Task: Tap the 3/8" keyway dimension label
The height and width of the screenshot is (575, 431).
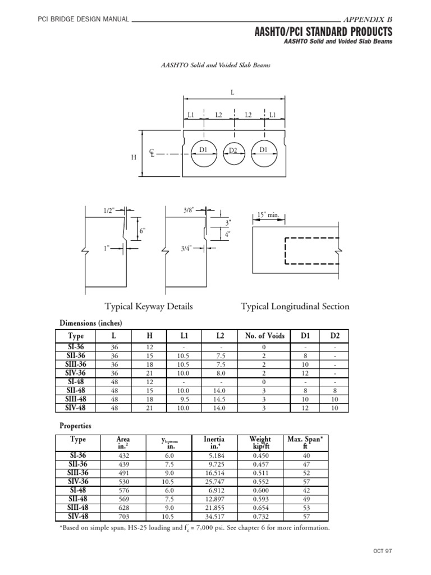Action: [189, 209]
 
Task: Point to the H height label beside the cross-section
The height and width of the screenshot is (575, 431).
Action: [134, 158]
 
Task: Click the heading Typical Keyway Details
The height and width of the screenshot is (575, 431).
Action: [149, 307]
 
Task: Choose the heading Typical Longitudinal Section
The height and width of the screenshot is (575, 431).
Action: [295, 307]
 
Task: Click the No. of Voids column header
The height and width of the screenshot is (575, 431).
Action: [265, 336]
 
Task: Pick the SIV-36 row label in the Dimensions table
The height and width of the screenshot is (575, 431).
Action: [76, 372]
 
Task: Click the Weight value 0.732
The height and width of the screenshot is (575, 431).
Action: [260, 516]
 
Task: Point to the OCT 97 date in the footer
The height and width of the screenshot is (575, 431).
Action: [381, 551]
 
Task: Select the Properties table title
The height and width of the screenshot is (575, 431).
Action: [75, 426]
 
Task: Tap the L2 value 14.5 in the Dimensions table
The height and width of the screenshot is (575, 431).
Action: [220, 399]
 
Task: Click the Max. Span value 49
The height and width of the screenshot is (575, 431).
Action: [305, 499]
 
